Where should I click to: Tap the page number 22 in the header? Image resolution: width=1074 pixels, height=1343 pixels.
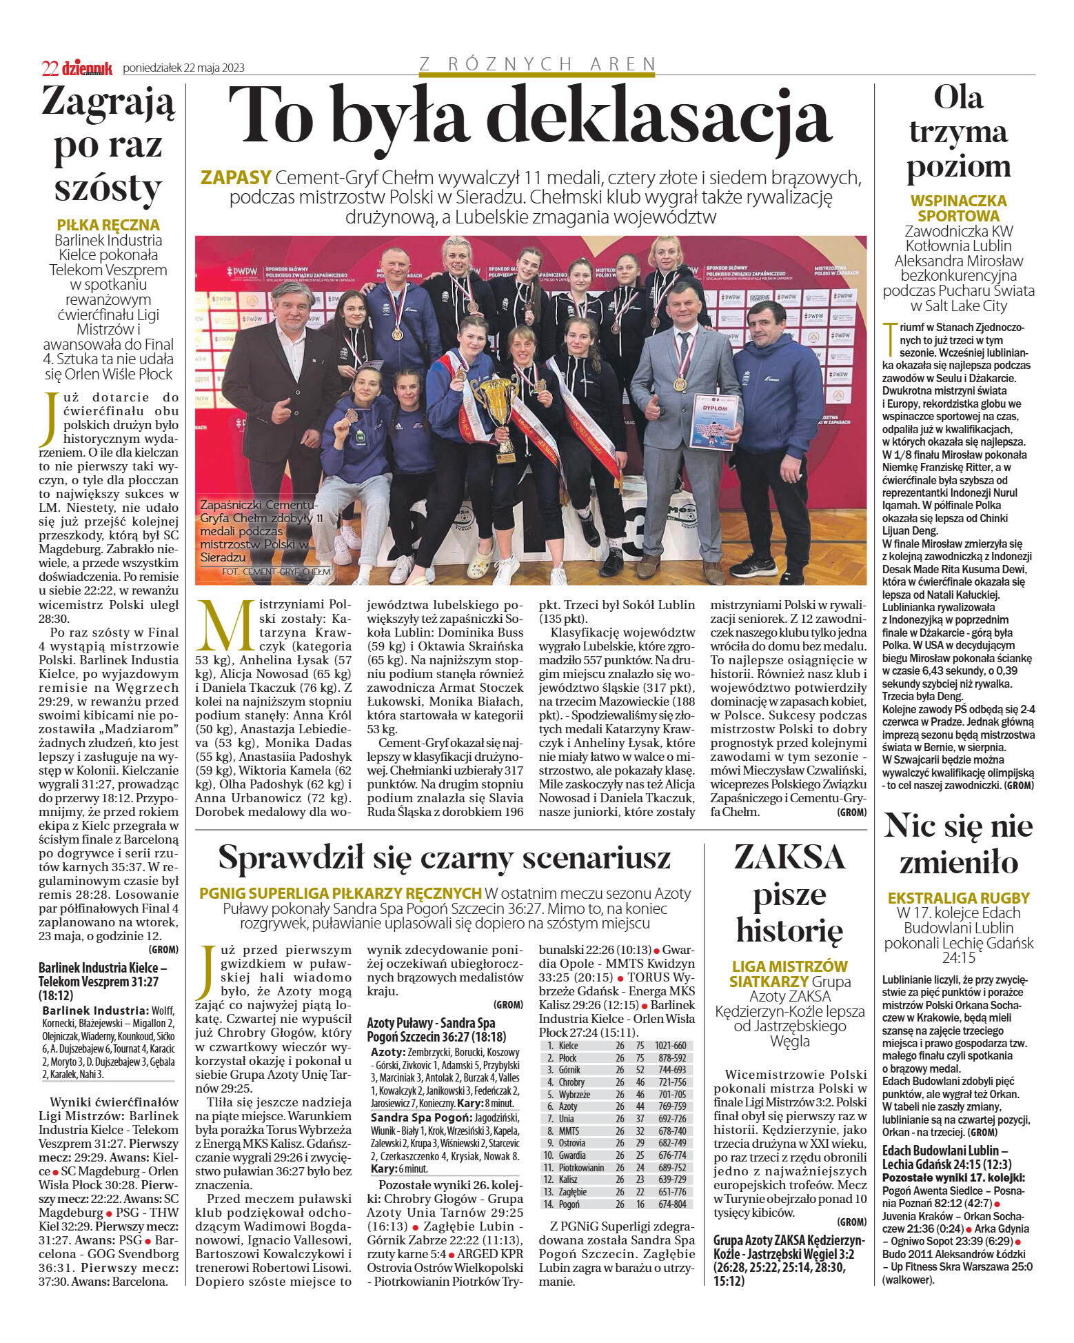pyautogui.click(x=50, y=68)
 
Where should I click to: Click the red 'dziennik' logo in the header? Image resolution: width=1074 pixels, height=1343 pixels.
pyautogui.click(x=87, y=68)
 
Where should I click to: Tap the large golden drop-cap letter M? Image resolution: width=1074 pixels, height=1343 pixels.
pyautogui.click(x=225, y=625)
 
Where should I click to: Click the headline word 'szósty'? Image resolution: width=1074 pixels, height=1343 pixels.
pyautogui.click(x=108, y=187)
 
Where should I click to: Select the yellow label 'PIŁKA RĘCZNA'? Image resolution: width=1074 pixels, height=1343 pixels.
pyautogui.click(x=108, y=225)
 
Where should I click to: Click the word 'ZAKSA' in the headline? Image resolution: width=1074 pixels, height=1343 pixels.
pyautogui.click(x=789, y=857)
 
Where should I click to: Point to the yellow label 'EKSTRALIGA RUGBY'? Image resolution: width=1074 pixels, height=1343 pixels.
pyautogui.click(x=958, y=898)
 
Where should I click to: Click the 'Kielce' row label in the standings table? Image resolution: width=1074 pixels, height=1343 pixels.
pyautogui.click(x=569, y=1046)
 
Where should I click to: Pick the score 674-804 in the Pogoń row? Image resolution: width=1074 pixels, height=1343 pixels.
pyautogui.click(x=673, y=1204)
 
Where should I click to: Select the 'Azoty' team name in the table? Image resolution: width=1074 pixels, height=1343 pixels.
pyautogui.click(x=568, y=1106)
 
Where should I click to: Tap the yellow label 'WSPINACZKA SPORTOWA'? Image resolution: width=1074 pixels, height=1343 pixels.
pyautogui.click(x=958, y=208)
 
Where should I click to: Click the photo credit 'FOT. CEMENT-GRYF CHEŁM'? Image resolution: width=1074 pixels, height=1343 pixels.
pyautogui.click(x=276, y=572)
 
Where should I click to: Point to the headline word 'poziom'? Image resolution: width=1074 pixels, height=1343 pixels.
pyautogui.click(x=958, y=166)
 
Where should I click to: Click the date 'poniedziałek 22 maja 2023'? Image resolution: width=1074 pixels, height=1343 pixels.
pyautogui.click(x=183, y=68)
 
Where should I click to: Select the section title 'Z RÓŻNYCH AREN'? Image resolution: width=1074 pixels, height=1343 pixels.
pyautogui.click(x=537, y=64)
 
